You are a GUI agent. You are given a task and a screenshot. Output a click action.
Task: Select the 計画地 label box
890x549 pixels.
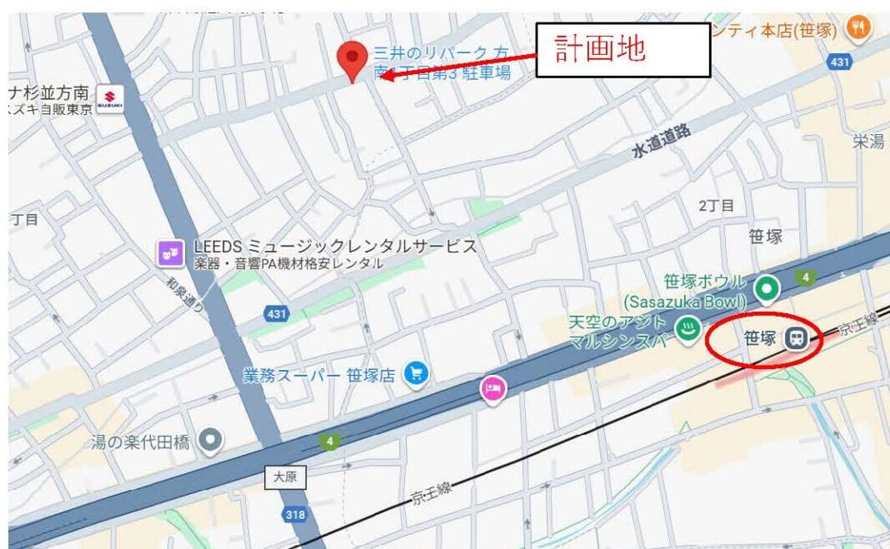pos(622,50)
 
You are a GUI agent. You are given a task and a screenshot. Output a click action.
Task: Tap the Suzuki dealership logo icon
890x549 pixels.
pos(110,97)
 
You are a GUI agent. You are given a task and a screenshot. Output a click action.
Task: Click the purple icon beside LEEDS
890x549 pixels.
pos(171,252)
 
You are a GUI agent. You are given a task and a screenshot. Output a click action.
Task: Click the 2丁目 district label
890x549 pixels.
pos(716,206)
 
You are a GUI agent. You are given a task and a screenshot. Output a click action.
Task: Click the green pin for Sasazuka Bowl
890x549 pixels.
pos(767,289)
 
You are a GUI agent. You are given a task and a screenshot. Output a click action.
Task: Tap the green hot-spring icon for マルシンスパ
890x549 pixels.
pos(687,330)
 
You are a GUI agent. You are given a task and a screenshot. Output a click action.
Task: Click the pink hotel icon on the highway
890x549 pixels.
pos(492,388)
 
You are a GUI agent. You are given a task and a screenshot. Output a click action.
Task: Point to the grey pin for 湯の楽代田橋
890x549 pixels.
pos(212,439)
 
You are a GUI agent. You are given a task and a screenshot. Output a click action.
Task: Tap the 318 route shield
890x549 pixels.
pos(295,515)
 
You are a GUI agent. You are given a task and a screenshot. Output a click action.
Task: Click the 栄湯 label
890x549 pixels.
pos(867,142)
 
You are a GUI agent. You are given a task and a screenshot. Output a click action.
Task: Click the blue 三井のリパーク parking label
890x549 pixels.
pos(442,62)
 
